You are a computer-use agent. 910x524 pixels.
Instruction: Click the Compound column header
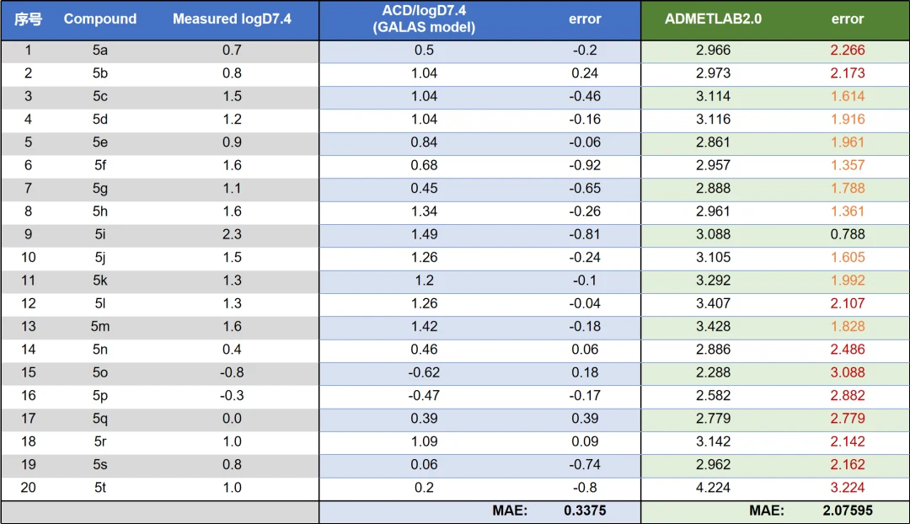click(99, 19)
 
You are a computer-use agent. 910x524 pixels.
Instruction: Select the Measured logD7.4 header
click(232, 19)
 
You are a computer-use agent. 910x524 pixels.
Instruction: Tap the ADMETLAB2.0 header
click(713, 19)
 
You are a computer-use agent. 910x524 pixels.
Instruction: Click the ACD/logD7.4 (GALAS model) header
click(424, 19)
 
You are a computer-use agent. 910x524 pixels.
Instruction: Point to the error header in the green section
click(848, 19)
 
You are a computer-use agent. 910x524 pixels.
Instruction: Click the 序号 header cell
click(28, 19)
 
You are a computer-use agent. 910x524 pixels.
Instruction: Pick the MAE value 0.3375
click(585, 511)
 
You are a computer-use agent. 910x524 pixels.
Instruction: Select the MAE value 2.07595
click(848, 511)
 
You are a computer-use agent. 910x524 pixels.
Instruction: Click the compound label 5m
click(99, 326)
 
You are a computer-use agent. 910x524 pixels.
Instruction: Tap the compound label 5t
click(99, 488)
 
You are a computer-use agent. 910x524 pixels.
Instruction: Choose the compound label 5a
click(99, 50)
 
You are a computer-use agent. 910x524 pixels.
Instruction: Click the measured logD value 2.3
click(232, 234)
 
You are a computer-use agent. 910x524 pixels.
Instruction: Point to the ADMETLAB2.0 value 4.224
click(713, 488)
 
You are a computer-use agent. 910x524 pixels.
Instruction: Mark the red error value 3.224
click(848, 488)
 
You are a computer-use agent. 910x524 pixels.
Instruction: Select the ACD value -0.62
click(424, 372)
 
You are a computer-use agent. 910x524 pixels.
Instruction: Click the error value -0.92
click(585, 165)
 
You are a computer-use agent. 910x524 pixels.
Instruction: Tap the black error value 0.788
click(848, 234)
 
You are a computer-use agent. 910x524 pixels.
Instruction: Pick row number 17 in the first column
click(28, 419)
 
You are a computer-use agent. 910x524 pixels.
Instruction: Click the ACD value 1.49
click(424, 234)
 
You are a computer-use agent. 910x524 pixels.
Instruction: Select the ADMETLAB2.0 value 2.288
click(713, 372)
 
